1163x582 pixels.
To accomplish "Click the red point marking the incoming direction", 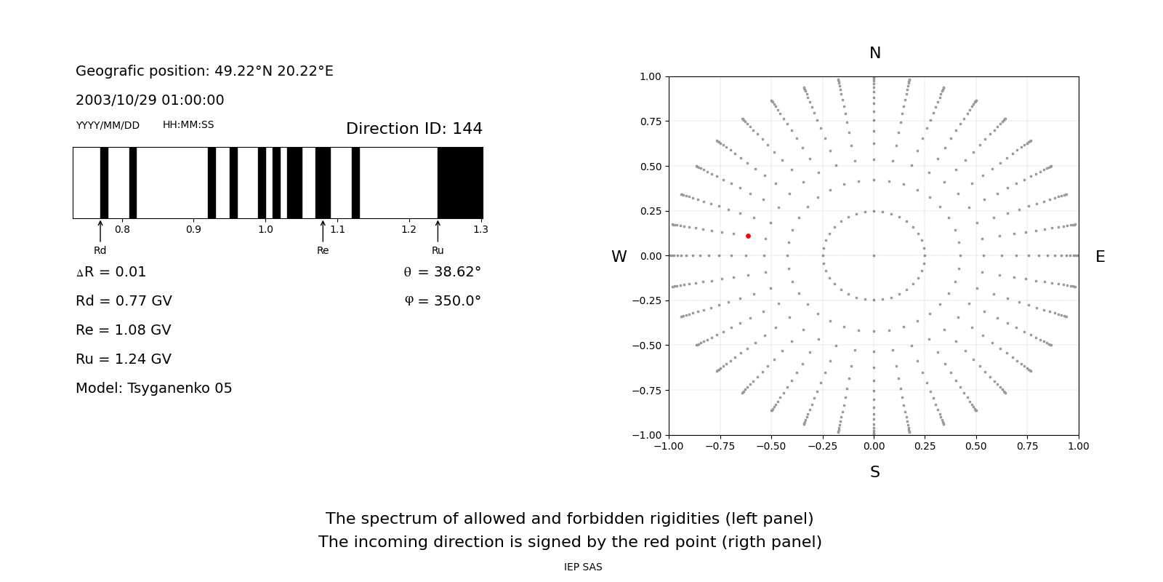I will [x=748, y=236].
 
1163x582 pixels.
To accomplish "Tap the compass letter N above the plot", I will [x=874, y=53].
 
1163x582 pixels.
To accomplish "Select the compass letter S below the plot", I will [x=874, y=472].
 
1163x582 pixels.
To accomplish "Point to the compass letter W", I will [x=619, y=257].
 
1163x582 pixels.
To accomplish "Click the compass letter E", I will [x=1100, y=257].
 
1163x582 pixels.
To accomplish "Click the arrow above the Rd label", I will [x=100, y=231].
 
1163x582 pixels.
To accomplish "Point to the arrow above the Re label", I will [x=323, y=231].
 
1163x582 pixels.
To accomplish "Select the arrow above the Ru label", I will [x=438, y=231].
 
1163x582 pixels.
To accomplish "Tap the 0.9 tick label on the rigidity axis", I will [x=193, y=229].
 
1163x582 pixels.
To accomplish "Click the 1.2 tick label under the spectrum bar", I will [x=409, y=229].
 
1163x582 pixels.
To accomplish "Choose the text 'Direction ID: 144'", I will [x=414, y=129].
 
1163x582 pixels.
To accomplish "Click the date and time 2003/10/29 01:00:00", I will [x=150, y=100].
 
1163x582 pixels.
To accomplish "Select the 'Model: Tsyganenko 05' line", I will [x=153, y=388].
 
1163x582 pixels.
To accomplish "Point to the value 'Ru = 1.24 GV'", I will [x=124, y=359].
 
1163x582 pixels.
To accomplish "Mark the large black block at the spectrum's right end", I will [x=460, y=183].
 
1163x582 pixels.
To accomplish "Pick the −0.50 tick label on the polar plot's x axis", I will [x=771, y=446].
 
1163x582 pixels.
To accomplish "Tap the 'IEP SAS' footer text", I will [x=583, y=567].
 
